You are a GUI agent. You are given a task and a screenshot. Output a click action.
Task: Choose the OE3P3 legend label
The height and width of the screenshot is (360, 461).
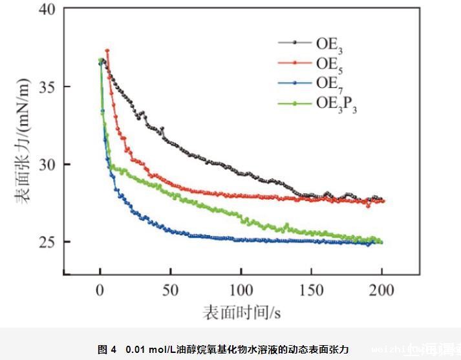pyautogui.click(x=336, y=103)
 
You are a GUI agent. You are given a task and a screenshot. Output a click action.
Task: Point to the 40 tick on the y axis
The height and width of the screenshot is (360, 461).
pyautogui.click(x=45, y=10)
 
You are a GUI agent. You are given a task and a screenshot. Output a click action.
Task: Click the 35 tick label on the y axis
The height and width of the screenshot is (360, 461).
pyautogui.click(x=45, y=87)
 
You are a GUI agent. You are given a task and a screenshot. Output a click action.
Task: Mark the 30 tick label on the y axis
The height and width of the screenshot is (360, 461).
pyautogui.click(x=45, y=164)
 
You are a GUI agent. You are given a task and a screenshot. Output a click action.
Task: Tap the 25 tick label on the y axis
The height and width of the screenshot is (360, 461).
pyautogui.click(x=45, y=242)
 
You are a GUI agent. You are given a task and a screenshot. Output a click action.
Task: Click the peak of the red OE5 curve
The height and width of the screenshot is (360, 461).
pyautogui.click(x=107, y=50)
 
